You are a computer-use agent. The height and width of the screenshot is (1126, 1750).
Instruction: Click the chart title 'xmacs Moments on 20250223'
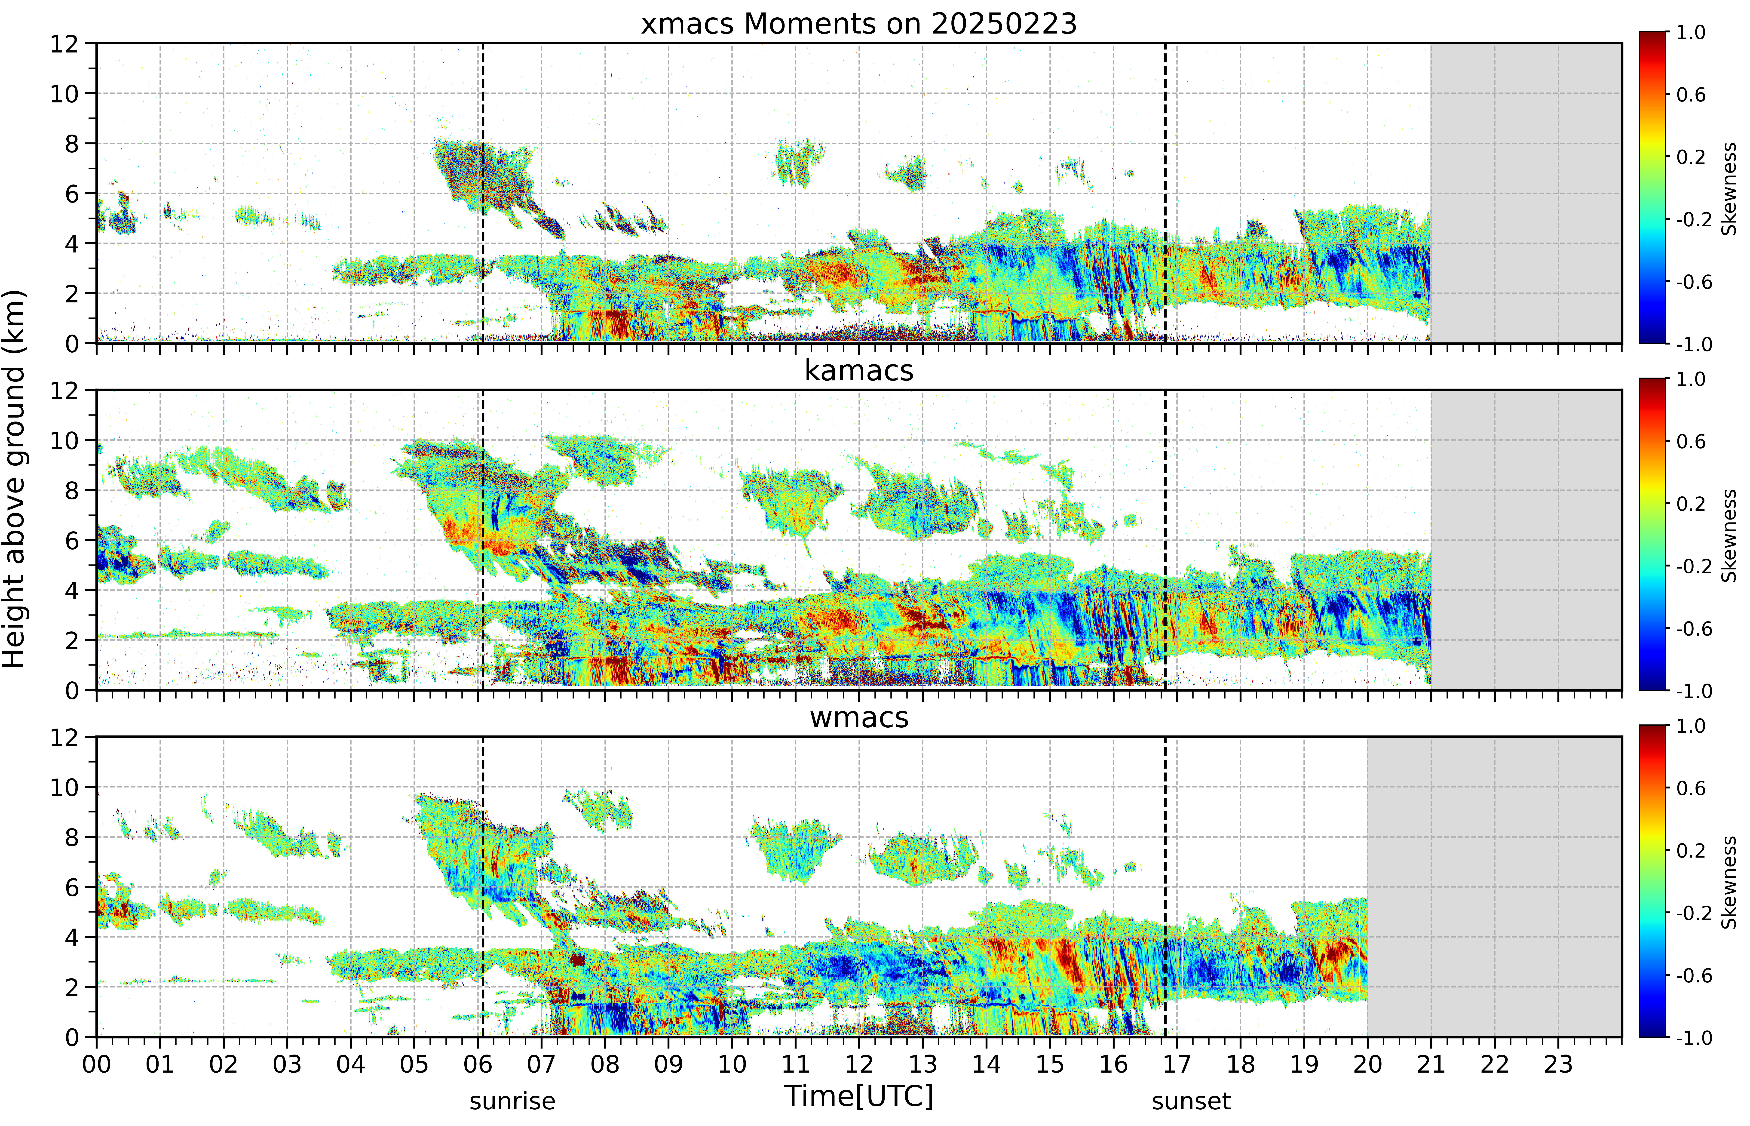(x=859, y=24)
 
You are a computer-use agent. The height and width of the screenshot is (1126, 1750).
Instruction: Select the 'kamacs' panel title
(x=859, y=371)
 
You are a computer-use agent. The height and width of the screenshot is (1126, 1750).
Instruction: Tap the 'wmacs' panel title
(x=859, y=717)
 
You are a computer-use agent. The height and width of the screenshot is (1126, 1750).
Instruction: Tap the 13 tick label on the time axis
(x=923, y=1064)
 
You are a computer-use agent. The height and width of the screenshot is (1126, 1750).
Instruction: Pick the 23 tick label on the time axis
(x=1558, y=1064)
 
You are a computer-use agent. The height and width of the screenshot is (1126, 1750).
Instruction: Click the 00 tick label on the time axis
(x=96, y=1064)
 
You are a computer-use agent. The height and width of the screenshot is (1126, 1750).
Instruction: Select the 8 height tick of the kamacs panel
(x=72, y=491)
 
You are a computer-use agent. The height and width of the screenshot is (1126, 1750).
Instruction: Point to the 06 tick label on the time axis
(x=478, y=1064)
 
